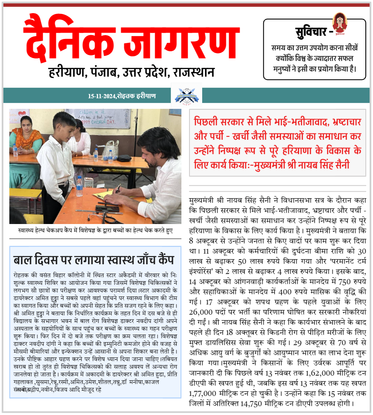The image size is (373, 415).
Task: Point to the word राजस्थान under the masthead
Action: tap(194, 72)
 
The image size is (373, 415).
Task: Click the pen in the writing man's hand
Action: tap(118, 189)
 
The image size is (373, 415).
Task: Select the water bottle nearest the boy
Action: tap(79, 187)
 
